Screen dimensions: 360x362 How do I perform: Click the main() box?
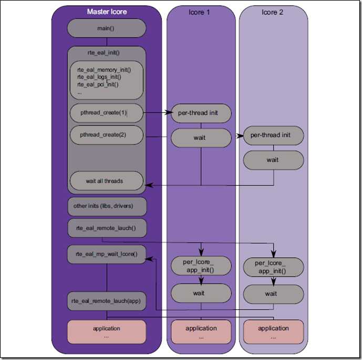(x=107, y=28)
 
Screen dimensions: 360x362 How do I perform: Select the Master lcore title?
(x=107, y=12)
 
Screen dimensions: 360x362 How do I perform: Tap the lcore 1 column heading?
(x=201, y=12)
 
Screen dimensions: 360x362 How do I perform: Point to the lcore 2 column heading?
(x=273, y=12)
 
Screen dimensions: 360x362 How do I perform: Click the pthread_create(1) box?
(x=107, y=113)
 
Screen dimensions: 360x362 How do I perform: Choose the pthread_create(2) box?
(x=107, y=134)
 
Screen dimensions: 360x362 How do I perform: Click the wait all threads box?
(x=107, y=181)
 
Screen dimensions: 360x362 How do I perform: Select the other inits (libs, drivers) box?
(x=107, y=206)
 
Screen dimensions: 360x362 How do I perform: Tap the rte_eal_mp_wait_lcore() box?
(x=107, y=254)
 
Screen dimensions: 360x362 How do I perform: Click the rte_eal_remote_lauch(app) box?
(x=107, y=301)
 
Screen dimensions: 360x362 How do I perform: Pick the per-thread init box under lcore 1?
(x=201, y=113)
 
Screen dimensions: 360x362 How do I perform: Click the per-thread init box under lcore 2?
(x=273, y=135)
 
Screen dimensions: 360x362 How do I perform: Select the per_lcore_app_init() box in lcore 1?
(x=201, y=266)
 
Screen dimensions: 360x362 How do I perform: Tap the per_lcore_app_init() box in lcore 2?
(x=273, y=267)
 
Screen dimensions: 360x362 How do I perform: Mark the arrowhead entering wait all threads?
(x=148, y=185)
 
